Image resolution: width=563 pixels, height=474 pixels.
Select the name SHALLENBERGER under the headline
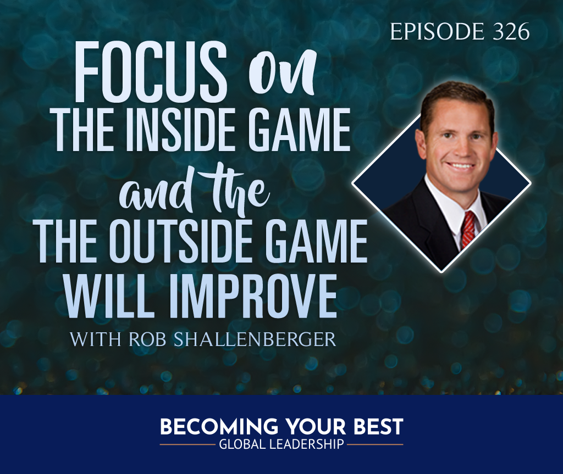click(x=255, y=340)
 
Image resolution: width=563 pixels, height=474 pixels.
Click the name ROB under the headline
click(x=147, y=340)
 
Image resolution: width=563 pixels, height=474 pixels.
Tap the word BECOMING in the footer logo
click(x=219, y=427)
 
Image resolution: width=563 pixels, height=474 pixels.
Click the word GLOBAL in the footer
click(x=242, y=444)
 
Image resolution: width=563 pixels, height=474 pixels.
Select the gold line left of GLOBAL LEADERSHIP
click(x=187, y=445)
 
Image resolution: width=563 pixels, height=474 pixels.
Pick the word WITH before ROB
click(x=96, y=340)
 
